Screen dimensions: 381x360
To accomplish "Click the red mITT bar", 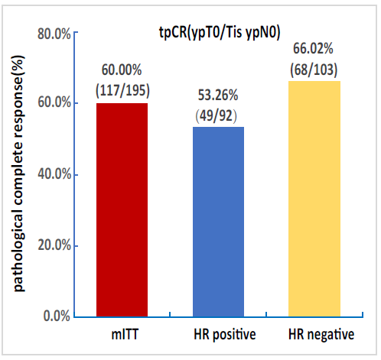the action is point(122,210).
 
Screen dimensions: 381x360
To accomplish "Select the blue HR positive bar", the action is point(218,222).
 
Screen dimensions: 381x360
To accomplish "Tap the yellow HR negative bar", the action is point(314,199).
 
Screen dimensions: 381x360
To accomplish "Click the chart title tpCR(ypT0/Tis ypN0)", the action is point(220,33).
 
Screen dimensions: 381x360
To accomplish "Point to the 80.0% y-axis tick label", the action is point(54,34).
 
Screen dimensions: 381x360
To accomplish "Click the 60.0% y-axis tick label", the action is point(54,102).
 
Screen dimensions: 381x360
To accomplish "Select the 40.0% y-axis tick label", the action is point(54,174).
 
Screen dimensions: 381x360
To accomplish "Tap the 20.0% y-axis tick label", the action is point(54,245).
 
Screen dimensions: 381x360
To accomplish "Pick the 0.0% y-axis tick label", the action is point(57,316).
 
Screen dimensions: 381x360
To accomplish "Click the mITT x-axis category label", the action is point(125,334).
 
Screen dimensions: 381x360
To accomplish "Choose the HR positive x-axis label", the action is point(225,335).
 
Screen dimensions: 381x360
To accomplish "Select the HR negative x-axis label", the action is point(321,335).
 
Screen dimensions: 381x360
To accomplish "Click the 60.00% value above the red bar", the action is point(122,70).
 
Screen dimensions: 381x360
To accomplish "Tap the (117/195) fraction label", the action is point(122,91).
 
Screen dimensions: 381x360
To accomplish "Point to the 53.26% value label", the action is point(218,96).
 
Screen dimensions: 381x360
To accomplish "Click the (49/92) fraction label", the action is point(217,116).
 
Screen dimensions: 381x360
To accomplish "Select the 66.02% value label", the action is point(313,48).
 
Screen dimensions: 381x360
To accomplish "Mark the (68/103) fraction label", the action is point(314,70).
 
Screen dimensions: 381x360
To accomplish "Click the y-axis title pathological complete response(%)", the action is point(18,174).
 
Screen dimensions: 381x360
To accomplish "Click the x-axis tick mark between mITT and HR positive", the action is point(170,314).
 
